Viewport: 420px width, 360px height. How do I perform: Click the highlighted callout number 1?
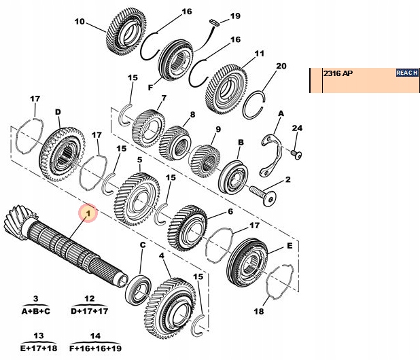(88, 213)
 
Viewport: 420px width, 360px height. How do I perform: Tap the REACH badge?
(407, 73)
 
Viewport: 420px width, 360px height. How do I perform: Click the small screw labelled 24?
(296, 154)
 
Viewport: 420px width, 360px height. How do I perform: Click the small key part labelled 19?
(215, 22)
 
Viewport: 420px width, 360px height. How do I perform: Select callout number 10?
(80, 22)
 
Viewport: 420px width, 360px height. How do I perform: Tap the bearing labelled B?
(233, 177)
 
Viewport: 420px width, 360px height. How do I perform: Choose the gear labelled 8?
(175, 143)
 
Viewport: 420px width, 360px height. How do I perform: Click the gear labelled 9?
(205, 162)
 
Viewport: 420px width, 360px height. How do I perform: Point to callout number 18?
(259, 311)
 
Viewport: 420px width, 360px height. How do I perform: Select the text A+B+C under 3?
(36, 311)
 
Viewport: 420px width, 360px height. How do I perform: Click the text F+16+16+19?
(95, 348)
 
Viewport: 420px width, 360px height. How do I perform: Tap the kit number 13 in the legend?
(39, 336)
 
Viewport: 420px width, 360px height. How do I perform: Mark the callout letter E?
(290, 246)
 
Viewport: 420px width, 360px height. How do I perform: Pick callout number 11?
(259, 54)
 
